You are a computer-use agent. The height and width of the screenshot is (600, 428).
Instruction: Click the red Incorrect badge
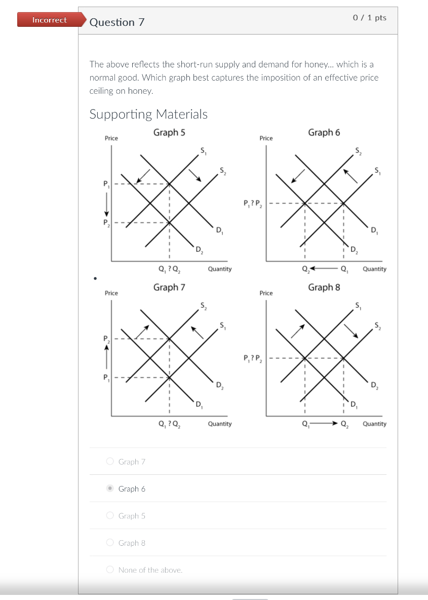49,20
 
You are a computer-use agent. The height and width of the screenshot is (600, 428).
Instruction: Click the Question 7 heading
116,22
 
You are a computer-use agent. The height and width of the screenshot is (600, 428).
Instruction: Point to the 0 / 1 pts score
369,18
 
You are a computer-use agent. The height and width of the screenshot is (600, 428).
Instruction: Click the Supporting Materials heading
148,114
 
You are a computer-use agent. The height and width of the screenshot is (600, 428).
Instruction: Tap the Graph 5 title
169,132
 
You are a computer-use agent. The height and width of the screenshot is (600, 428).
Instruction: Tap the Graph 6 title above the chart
324,132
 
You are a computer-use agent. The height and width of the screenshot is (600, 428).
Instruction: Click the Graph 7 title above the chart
169,287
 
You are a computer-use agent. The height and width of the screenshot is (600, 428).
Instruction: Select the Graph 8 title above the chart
324,287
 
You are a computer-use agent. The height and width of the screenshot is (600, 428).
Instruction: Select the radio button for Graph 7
110,461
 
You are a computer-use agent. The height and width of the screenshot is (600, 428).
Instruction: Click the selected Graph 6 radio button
110,489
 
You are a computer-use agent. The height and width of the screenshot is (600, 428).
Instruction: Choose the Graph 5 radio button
110,515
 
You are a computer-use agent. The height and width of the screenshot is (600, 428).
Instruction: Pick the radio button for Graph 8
110,543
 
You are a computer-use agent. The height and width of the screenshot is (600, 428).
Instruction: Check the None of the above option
110,570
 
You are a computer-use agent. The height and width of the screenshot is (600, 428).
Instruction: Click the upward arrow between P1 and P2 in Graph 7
106,358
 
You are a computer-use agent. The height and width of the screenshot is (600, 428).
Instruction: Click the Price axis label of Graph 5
111,138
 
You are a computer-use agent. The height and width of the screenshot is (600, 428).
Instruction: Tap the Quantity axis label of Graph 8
374,424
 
